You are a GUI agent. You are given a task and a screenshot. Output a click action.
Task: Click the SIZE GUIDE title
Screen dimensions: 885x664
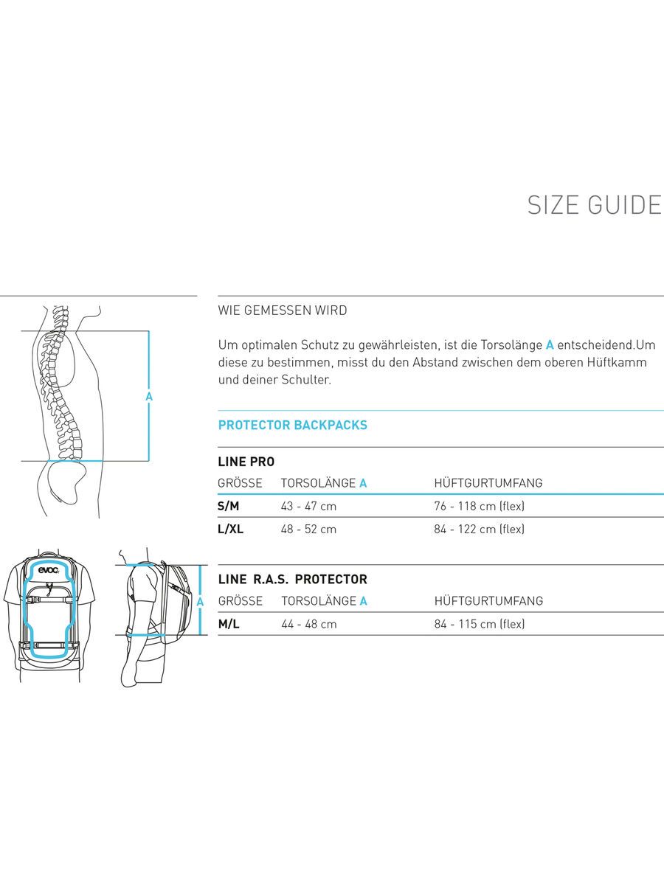(594, 205)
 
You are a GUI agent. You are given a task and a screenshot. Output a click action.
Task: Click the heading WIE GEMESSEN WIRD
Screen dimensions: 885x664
(283, 310)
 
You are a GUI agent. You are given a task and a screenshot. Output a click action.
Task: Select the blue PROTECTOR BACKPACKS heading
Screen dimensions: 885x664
(292, 425)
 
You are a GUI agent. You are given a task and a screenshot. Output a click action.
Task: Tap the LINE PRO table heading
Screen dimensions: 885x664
(246, 462)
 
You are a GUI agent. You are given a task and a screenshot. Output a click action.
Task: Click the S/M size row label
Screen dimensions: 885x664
(229, 506)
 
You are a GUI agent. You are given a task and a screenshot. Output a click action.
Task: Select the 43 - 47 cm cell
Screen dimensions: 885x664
(308, 506)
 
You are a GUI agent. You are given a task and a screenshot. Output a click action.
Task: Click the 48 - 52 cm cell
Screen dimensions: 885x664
(308, 529)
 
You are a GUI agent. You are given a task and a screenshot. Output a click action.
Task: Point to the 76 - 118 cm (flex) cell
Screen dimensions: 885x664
(480, 506)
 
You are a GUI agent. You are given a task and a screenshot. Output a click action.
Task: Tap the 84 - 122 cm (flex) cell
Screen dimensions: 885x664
(480, 529)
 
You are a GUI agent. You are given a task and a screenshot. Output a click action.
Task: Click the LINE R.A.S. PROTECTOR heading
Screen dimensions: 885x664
(292, 580)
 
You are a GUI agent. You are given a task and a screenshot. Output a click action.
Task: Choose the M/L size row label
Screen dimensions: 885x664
(229, 624)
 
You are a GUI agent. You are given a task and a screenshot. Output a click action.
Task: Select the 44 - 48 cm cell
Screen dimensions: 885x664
(308, 624)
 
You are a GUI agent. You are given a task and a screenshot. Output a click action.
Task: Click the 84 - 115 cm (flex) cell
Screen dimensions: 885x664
(480, 624)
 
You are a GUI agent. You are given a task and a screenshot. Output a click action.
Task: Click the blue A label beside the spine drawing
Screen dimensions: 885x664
(149, 397)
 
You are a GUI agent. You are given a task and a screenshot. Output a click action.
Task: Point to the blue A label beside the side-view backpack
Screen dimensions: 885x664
(200, 602)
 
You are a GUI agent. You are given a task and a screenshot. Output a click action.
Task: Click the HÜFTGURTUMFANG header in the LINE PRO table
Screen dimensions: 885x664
(488, 483)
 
